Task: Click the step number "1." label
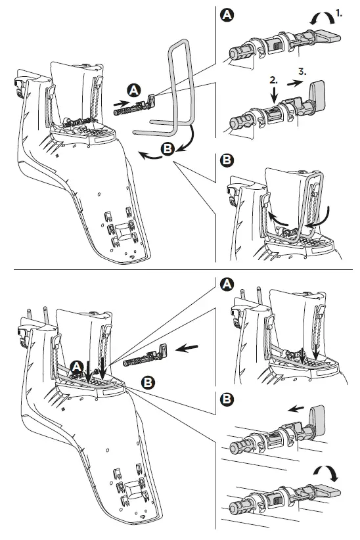pos(339,13)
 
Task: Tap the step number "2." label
pos(273,80)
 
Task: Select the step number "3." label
pos(302,72)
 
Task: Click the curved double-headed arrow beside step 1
pos(322,18)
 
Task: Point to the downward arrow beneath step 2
pos(274,94)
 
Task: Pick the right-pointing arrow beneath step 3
pos(295,83)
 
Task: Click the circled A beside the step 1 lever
pos(227,15)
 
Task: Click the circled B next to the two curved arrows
pos(168,150)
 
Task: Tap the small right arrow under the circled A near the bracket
pos(122,102)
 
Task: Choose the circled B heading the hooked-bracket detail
pos(227,160)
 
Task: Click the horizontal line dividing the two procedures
pos(183,269)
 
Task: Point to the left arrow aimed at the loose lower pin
pos(187,348)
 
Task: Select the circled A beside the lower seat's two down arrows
pos(76,367)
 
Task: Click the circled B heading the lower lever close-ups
pos(227,399)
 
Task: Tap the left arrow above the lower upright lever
pos(296,409)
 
